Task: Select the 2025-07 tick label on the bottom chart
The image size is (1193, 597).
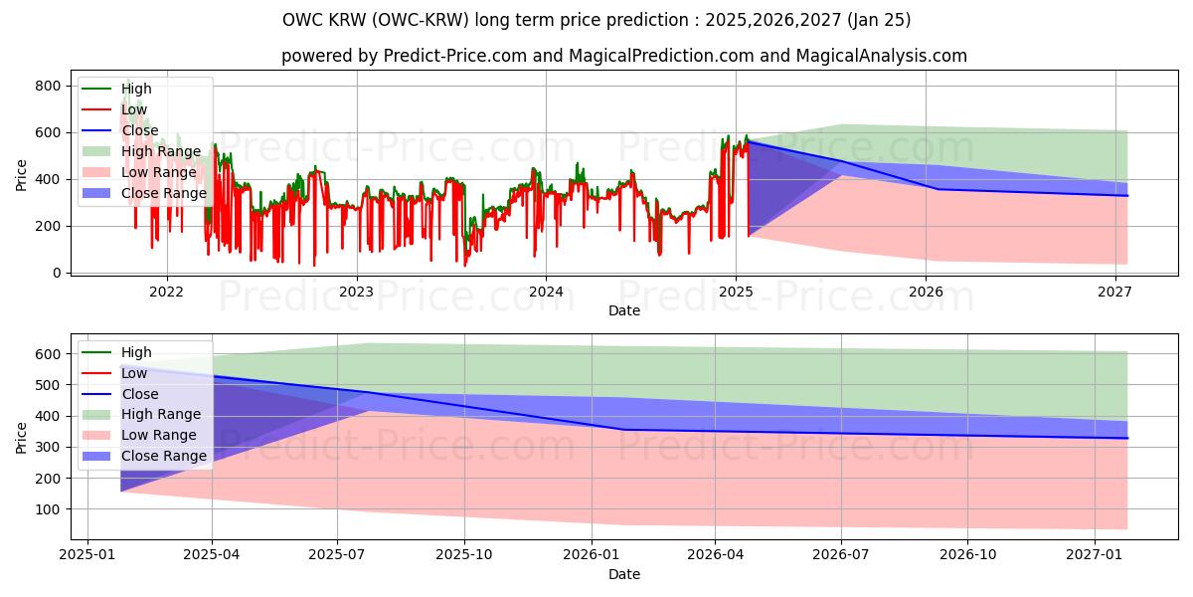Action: (338, 555)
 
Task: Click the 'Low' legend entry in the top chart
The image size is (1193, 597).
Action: (134, 109)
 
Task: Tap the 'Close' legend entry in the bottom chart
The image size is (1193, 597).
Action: (139, 394)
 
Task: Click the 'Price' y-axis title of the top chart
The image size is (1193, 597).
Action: (22, 174)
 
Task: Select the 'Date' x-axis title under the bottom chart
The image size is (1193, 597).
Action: (623, 574)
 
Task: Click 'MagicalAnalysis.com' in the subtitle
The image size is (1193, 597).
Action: (882, 56)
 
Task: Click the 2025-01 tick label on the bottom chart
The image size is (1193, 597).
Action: (87, 555)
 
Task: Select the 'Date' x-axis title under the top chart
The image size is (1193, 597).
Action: (623, 310)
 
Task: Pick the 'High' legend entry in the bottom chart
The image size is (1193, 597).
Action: (136, 352)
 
